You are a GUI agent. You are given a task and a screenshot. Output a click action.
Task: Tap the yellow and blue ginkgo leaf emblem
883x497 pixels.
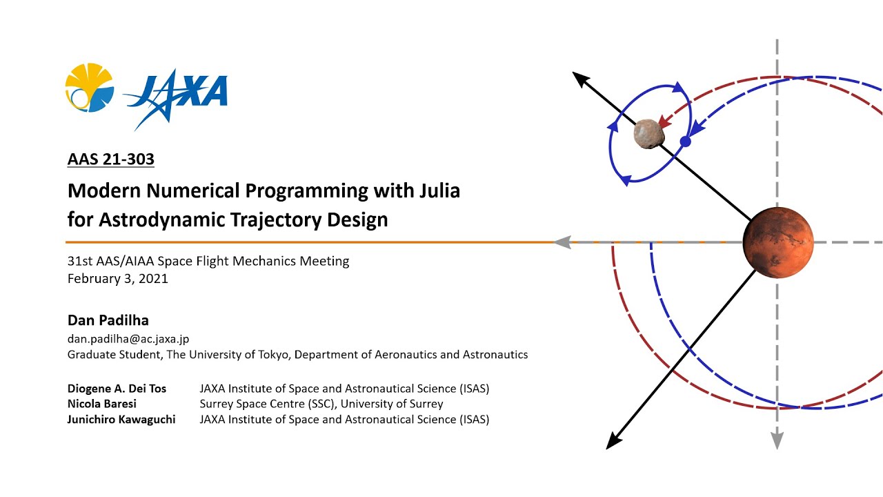pos(89,88)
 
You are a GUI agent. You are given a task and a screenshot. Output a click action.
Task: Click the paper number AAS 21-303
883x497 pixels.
pos(110,159)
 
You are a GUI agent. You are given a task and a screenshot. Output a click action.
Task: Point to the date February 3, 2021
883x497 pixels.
pos(117,279)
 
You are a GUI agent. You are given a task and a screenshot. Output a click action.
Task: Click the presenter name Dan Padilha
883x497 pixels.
pos(108,320)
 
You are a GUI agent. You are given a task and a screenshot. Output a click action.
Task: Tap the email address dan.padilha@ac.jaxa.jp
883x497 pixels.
pos(128,338)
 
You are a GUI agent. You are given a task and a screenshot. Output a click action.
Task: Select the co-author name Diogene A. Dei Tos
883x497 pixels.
pos(117,389)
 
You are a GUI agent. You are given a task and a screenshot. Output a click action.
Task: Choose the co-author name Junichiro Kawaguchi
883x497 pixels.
pos(121,419)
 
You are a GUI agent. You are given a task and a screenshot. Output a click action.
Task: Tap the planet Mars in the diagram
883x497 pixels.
pos(778,242)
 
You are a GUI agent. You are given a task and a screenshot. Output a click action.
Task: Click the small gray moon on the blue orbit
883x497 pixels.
pos(648,133)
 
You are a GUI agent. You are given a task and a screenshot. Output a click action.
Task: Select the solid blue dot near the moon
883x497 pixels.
pos(685,142)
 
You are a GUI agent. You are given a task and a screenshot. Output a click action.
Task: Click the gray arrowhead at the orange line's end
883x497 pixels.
pos(563,242)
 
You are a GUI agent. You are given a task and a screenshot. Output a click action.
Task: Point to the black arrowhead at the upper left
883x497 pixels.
pos(582,79)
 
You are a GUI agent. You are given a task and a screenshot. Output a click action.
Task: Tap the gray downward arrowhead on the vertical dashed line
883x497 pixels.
pos(777,440)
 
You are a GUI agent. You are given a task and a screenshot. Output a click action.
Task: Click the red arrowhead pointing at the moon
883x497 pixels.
pos(666,121)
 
